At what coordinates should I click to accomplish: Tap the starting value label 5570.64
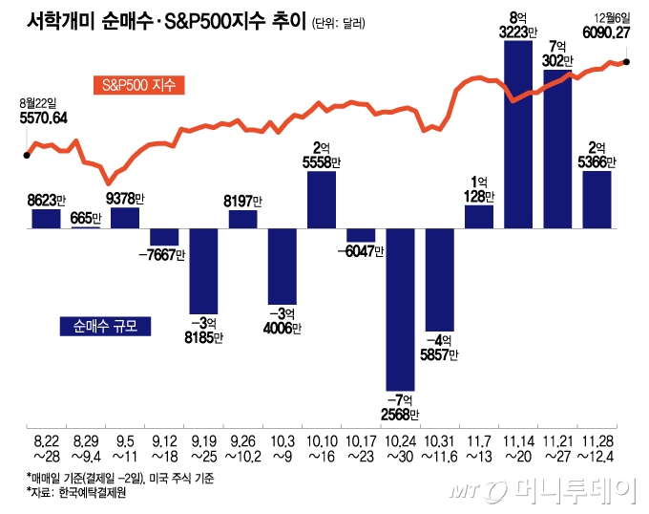point(44,118)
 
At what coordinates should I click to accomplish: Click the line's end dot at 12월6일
point(625,62)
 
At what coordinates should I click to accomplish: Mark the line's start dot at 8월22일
point(27,153)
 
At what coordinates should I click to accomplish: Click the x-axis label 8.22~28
point(47,448)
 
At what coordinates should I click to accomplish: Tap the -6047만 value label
point(362,251)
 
